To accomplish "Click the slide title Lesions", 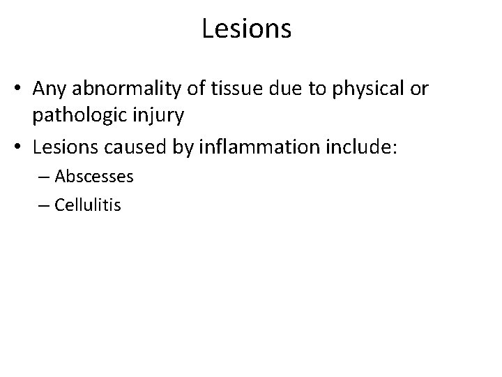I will tap(246, 29).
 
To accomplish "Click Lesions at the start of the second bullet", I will tap(82, 147).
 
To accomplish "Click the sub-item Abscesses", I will tap(94, 177).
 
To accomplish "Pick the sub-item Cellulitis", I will tap(89, 205).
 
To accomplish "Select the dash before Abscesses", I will tap(47, 177).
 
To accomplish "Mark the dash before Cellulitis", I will tap(47, 206).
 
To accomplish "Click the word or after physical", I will tap(420, 89).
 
